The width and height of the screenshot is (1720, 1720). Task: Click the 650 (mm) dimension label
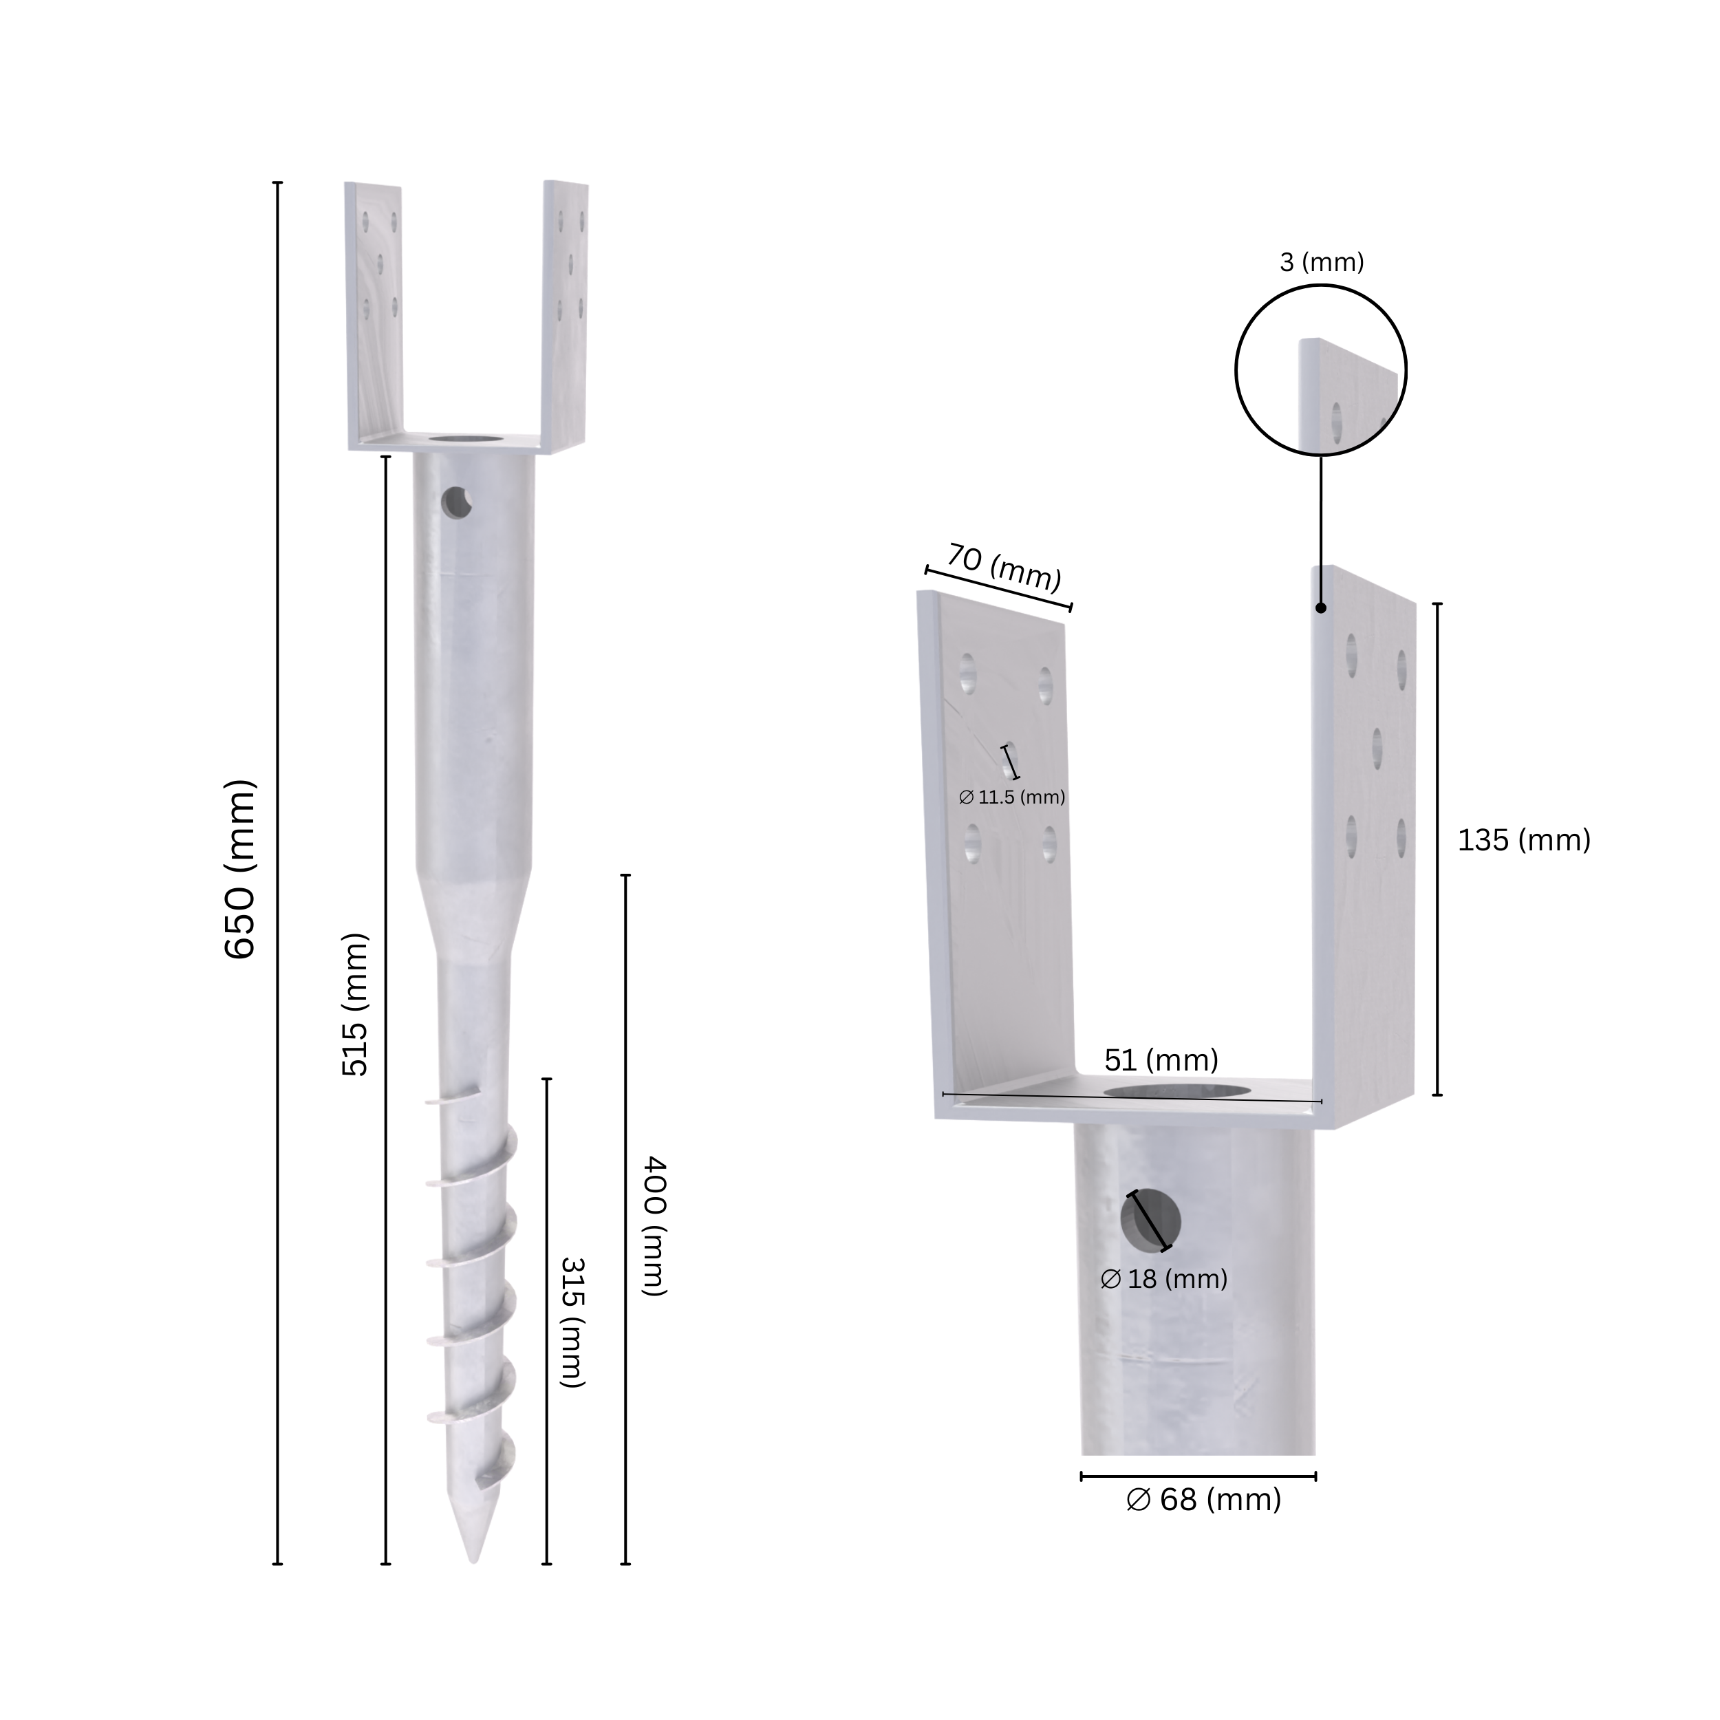coord(240,869)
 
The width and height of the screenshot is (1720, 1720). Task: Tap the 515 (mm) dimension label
coord(355,1004)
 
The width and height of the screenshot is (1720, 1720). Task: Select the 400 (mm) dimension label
coord(654,1226)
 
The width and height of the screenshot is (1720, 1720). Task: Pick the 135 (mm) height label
coord(1523,841)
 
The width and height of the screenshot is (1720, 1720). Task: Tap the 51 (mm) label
coord(1161,1060)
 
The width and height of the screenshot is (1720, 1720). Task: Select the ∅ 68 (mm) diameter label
coord(1203,1500)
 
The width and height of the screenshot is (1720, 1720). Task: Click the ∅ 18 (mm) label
coord(1165,1279)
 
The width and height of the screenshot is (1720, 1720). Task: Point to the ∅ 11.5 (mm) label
coord(1012,797)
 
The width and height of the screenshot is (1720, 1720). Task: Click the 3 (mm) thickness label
coord(1321,263)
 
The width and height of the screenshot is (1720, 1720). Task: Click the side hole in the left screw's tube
coord(457,502)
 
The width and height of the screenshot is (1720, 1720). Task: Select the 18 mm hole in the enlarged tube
coord(1150,1221)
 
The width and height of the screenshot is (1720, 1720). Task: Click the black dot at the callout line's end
coord(1321,608)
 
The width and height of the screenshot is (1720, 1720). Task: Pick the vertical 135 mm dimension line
coord(1437,848)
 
